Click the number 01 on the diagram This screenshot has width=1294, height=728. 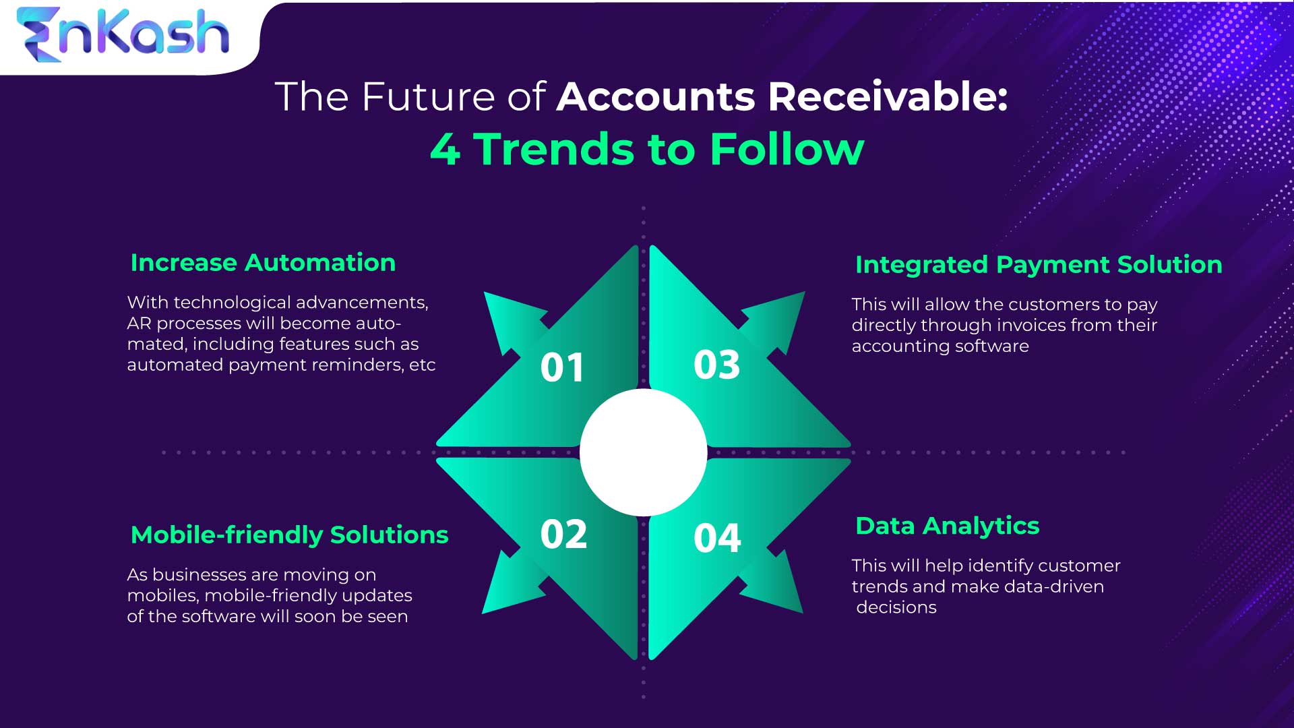[562, 368]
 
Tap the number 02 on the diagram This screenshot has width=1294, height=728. [563, 535]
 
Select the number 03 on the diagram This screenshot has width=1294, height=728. [716, 365]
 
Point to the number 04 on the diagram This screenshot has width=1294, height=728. [717, 538]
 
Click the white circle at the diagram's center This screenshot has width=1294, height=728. [643, 452]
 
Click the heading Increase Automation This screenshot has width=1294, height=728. [263, 263]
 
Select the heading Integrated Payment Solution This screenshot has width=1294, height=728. [1039, 265]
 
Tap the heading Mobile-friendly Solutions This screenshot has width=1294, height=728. [289, 535]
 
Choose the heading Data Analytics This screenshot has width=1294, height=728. [947, 526]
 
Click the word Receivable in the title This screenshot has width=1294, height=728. [888, 96]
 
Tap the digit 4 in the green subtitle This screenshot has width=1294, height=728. [445, 149]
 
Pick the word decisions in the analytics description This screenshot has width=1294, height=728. [896, 607]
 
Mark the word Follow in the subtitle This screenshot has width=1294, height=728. [787, 149]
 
